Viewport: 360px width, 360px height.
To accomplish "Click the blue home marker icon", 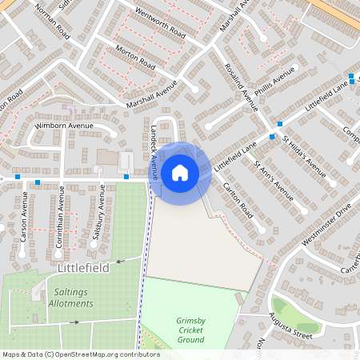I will point(180,173).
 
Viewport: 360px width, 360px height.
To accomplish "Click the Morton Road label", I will point(134,62).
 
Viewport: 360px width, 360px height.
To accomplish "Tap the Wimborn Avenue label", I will point(64,126).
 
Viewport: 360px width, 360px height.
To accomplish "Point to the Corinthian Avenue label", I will point(60,217).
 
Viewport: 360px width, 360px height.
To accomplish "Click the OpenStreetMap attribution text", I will point(70,354).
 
